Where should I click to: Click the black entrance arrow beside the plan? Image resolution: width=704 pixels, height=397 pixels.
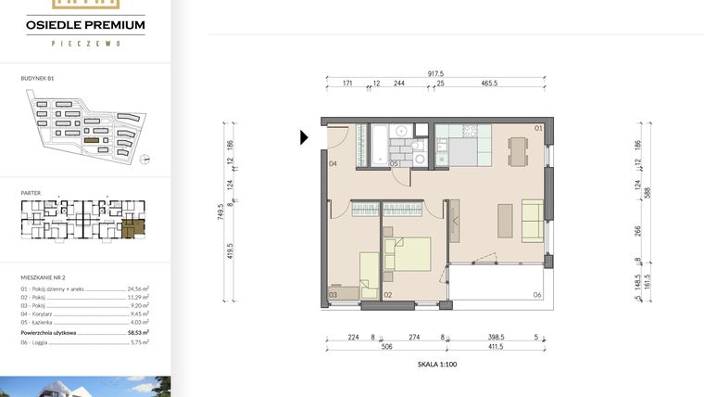coord(304,138)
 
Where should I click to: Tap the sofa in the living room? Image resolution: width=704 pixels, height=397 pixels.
coord(533,219)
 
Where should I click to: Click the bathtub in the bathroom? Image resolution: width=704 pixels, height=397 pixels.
coord(379,145)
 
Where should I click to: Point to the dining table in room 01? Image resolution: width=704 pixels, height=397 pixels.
coord(517,149)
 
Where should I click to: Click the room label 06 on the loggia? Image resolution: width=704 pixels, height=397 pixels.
coord(537,295)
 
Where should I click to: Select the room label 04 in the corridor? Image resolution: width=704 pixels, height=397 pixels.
coord(333,164)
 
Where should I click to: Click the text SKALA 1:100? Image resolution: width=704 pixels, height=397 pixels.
coord(438,365)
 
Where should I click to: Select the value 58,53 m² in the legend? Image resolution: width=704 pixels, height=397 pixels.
coord(139,331)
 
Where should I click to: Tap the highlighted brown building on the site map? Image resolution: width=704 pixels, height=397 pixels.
coord(92,139)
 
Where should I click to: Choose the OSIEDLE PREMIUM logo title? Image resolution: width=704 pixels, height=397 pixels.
coord(86,25)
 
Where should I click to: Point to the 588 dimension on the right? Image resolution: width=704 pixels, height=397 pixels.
coord(647,192)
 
